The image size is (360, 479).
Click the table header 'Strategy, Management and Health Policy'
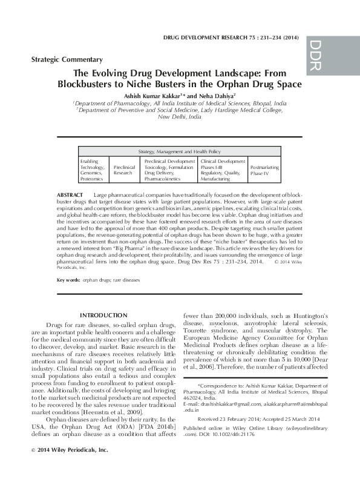click(x=180, y=151)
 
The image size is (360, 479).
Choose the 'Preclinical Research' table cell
click(x=124, y=169)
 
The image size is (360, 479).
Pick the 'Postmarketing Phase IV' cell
click(x=264, y=169)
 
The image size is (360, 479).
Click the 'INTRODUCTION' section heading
click(x=103, y=315)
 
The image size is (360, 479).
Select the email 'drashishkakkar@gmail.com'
click(x=223, y=386)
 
